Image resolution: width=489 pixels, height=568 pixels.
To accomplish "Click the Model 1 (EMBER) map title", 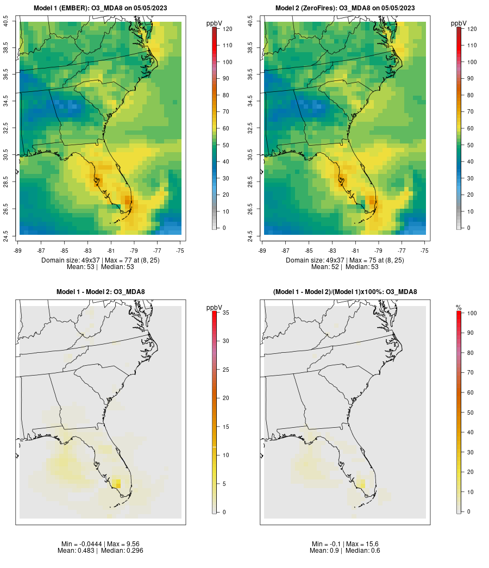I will tap(101, 8).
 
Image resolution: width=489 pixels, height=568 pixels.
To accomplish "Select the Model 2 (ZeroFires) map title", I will tap(345, 8).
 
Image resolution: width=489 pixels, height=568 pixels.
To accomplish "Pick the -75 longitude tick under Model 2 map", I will tap(424, 251).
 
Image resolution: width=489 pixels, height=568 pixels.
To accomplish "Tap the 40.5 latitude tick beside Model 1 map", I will tap(6, 21).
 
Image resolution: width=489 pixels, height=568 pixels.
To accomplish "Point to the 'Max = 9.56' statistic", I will tap(117, 544).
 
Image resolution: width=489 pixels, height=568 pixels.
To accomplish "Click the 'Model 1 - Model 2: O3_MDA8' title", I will tap(101, 292).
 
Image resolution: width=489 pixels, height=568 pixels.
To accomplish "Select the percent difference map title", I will tap(345, 292).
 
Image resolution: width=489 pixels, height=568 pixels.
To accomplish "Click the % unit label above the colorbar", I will tap(459, 308).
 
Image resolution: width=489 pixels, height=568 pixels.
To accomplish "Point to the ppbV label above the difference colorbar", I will tap(214, 308).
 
